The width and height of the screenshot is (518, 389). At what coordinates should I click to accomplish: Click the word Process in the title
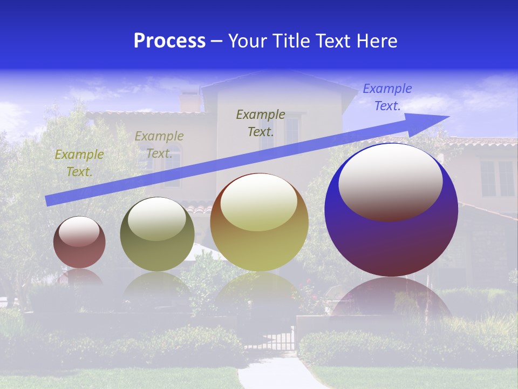tap(169, 41)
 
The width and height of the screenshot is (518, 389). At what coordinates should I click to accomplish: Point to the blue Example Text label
tap(387, 97)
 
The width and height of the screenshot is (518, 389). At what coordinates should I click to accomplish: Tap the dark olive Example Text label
tap(261, 123)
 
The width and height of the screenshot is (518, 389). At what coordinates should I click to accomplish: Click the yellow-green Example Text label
tap(79, 163)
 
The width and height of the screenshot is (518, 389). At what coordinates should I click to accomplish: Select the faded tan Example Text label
tap(159, 144)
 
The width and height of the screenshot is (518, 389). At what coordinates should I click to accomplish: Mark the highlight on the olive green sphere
tap(157, 219)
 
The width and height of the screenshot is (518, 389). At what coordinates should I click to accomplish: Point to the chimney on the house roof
tap(189, 101)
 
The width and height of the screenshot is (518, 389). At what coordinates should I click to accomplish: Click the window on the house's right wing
tap(497, 178)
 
